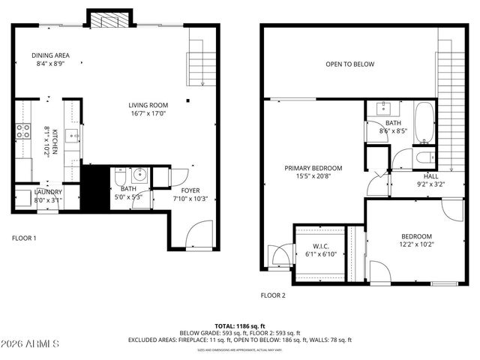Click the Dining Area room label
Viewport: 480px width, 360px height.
coord(51,55)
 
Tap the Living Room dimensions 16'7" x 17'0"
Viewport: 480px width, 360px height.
coord(148,114)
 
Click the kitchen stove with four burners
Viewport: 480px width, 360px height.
coord(22,132)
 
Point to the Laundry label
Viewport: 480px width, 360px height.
coord(48,192)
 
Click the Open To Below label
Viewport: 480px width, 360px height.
coord(349,64)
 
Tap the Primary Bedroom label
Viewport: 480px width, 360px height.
coord(313,168)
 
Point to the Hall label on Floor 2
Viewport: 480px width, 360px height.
coord(430,175)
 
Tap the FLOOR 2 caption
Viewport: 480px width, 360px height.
coord(273,295)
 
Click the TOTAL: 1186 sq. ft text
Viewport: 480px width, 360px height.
coord(239,325)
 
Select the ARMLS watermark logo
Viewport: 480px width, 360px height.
coord(30,343)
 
